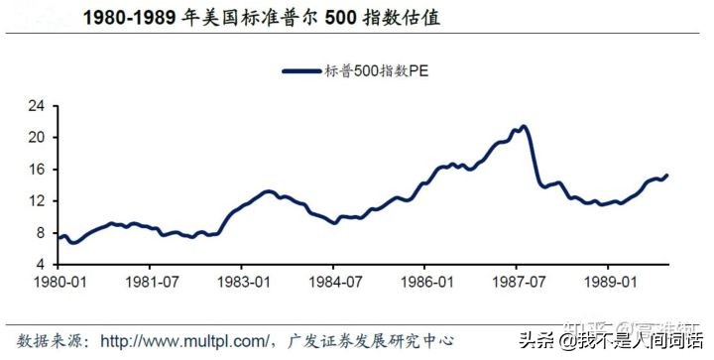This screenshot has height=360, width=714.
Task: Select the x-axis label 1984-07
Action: (x=335, y=282)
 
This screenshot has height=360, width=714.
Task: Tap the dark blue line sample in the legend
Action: (x=301, y=71)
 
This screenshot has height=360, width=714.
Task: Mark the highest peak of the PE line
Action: (x=523, y=126)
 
